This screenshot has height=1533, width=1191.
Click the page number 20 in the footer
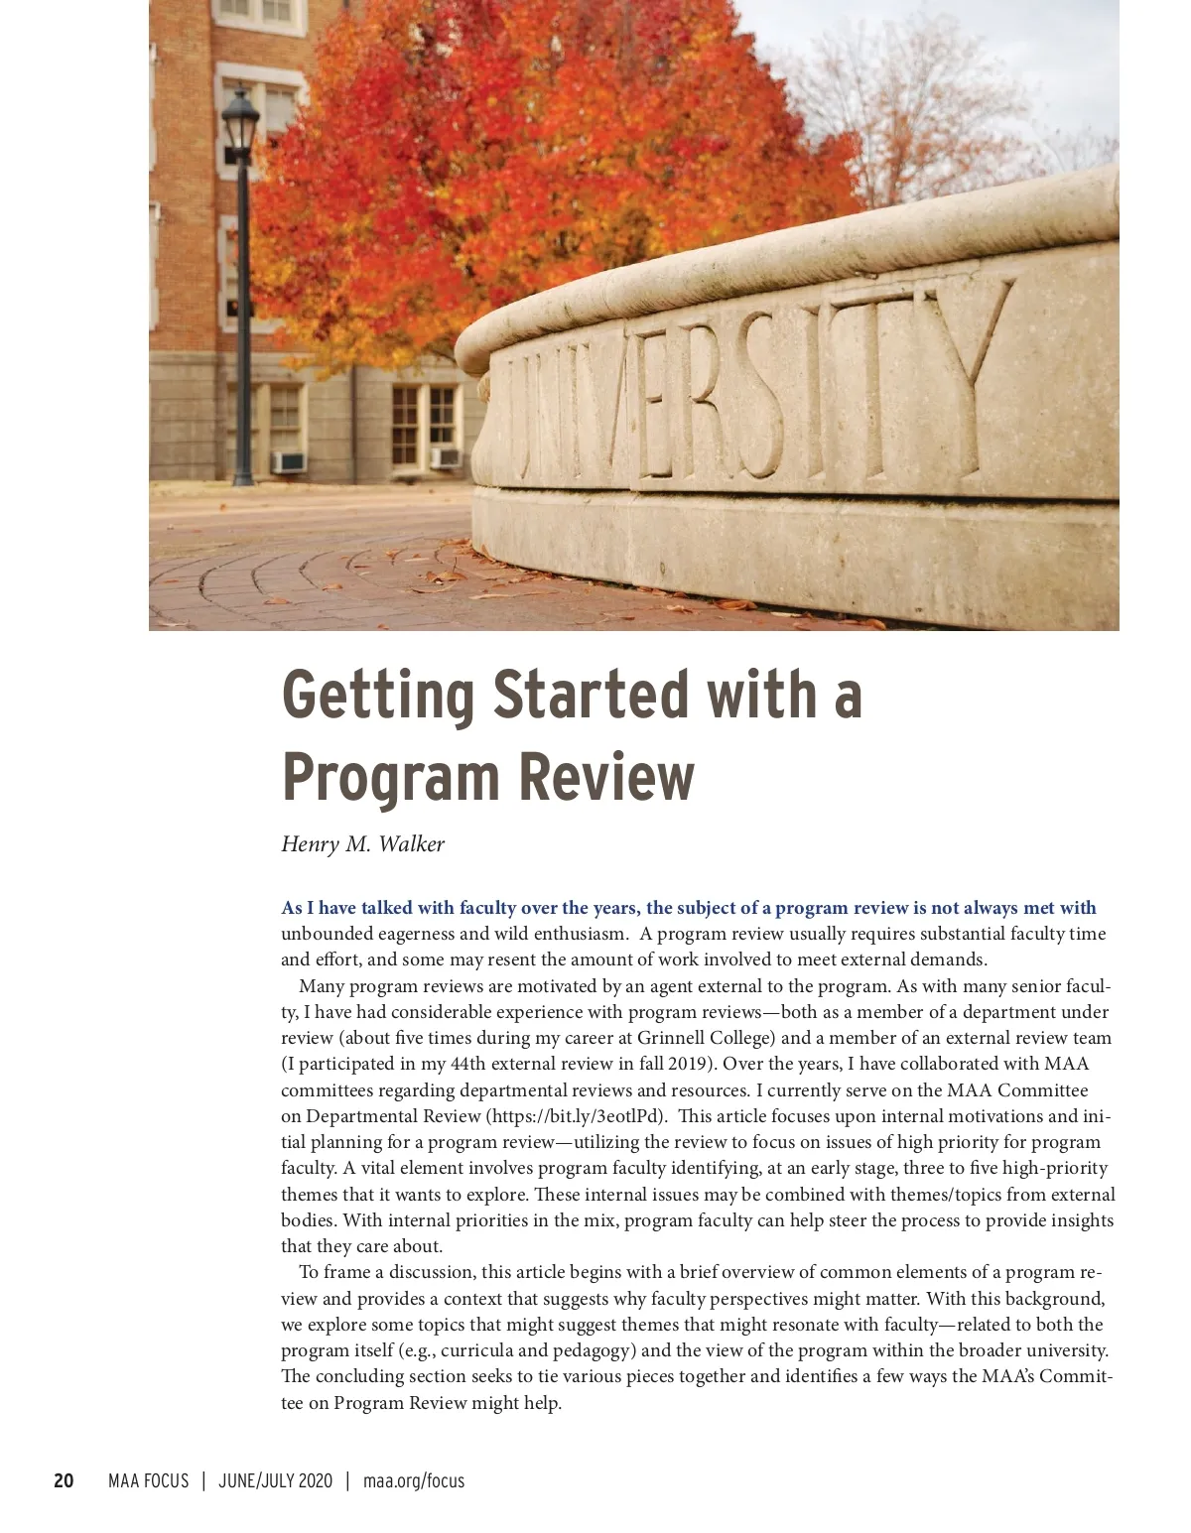(x=64, y=1481)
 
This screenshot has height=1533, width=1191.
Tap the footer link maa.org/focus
(x=414, y=1481)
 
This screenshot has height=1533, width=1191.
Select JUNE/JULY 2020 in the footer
(x=275, y=1481)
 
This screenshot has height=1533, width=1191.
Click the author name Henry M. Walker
(x=362, y=844)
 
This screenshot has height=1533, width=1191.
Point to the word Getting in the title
(x=378, y=695)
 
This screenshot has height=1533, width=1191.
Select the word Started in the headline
(x=591, y=695)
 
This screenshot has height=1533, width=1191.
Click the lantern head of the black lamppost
(x=240, y=121)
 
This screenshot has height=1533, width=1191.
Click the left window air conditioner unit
(x=289, y=461)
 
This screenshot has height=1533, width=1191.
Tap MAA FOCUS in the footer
(x=148, y=1481)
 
